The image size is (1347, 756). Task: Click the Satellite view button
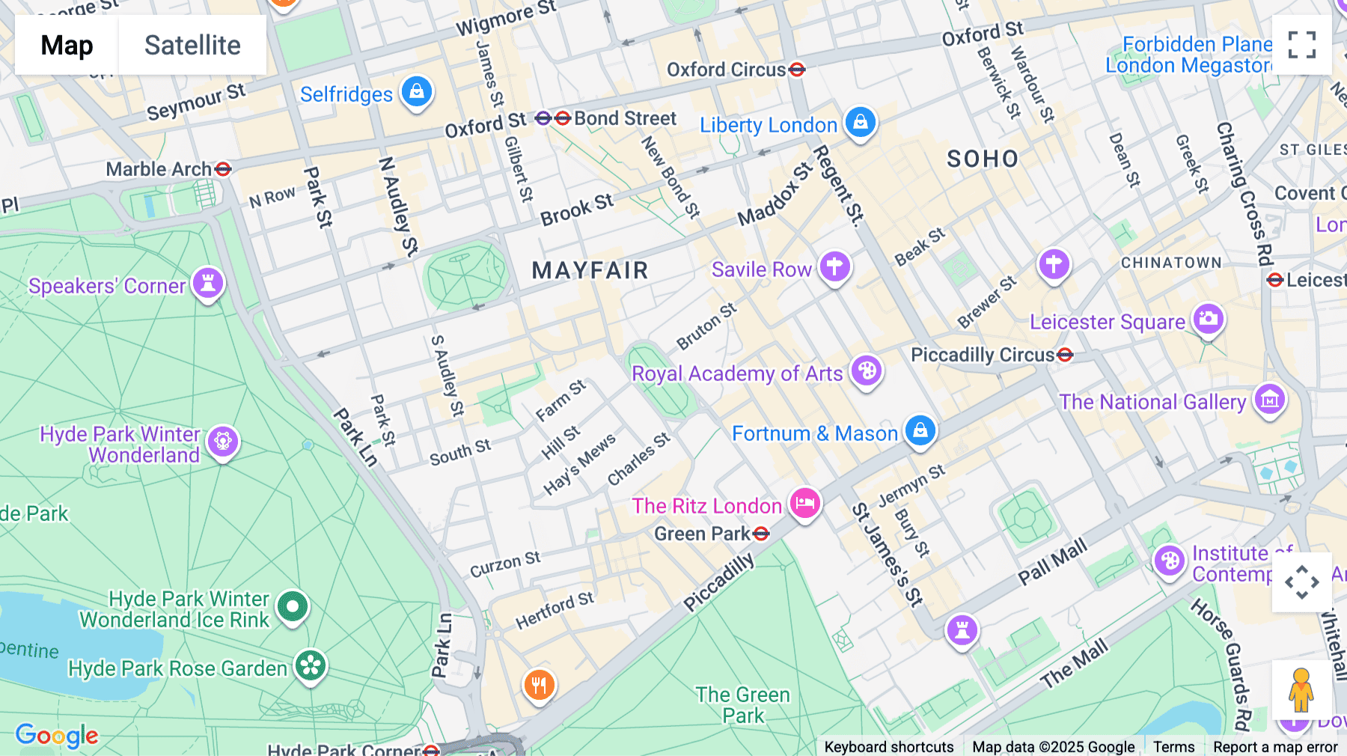(x=192, y=45)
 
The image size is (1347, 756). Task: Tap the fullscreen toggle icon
(x=1301, y=45)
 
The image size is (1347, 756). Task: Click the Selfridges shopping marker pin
(x=417, y=92)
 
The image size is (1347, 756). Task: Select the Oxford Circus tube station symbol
(x=797, y=70)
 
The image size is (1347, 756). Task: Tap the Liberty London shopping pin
(x=861, y=121)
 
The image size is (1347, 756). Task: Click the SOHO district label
(x=983, y=159)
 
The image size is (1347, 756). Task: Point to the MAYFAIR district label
(x=590, y=270)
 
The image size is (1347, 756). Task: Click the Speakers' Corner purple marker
(x=208, y=283)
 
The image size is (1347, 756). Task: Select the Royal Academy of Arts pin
(x=867, y=371)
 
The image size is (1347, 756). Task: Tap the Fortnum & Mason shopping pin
(x=920, y=430)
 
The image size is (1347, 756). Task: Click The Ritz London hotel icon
(x=805, y=503)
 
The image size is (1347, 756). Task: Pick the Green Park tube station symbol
(x=761, y=534)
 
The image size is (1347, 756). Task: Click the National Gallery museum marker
(x=1270, y=400)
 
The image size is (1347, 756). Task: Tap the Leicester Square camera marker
(x=1208, y=319)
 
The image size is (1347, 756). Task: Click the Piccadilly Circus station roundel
(x=1065, y=355)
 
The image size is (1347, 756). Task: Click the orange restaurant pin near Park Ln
(x=539, y=684)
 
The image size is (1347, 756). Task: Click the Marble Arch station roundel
(x=222, y=169)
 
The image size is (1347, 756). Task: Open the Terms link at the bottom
(x=1173, y=746)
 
